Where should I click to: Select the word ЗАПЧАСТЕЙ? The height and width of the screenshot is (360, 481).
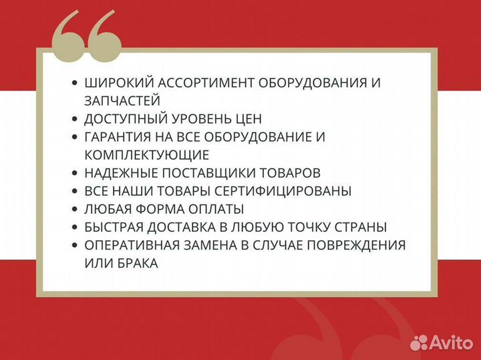click(x=122, y=101)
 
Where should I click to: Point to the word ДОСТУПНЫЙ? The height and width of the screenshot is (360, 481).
click(x=125, y=119)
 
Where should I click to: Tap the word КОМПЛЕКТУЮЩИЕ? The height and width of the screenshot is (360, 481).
click(x=147, y=155)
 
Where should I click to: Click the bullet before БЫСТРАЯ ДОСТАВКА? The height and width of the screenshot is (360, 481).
click(x=74, y=227)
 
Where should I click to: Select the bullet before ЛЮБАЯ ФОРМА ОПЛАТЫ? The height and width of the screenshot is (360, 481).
click(x=74, y=209)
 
